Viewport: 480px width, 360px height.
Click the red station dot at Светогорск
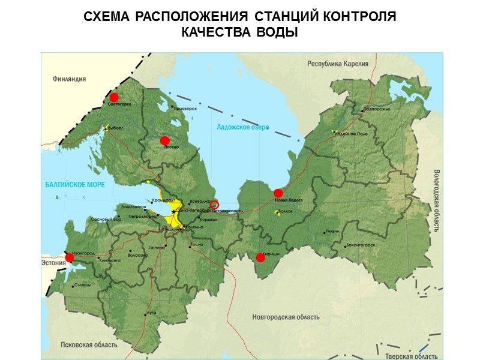(x=113, y=97)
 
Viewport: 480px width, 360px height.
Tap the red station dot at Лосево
(x=164, y=140)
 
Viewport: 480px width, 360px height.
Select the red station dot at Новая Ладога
(x=278, y=193)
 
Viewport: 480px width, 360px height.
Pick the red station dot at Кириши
(x=260, y=257)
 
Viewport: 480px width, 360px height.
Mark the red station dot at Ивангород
(x=70, y=257)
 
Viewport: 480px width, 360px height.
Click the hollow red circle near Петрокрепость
(x=215, y=205)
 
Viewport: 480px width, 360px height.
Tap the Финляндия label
(x=69, y=79)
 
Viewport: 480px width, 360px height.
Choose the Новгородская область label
(x=286, y=317)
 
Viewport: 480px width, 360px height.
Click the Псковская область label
(x=89, y=345)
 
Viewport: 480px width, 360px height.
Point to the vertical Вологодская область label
(x=436, y=199)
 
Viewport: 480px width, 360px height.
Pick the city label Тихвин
(x=333, y=231)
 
